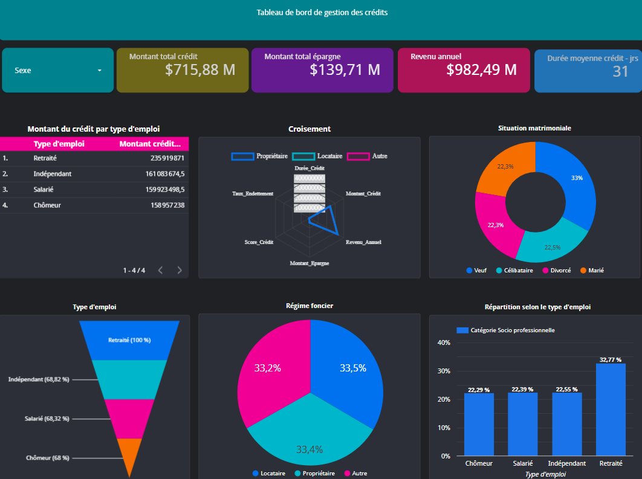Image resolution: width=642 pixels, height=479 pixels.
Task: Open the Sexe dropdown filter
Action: point(58,70)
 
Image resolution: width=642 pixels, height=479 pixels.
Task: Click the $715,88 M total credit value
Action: point(199,70)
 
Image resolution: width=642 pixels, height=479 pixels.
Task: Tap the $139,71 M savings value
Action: point(345,70)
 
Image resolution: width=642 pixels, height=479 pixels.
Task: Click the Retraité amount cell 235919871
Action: point(167,158)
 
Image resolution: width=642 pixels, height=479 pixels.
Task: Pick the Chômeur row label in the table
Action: point(47,205)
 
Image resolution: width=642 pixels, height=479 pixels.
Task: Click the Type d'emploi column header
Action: point(59,144)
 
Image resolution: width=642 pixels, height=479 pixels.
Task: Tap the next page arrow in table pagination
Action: point(180,270)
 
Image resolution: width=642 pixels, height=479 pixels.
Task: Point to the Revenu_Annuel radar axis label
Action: point(363,242)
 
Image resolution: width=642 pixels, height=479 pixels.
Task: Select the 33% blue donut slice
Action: point(571,181)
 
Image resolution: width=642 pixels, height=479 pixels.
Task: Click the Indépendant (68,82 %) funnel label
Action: point(39,379)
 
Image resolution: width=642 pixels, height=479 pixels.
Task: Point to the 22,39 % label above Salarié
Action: point(522,390)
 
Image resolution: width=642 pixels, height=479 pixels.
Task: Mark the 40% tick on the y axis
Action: point(444,342)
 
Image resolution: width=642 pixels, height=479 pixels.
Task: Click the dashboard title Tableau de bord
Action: point(322,12)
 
